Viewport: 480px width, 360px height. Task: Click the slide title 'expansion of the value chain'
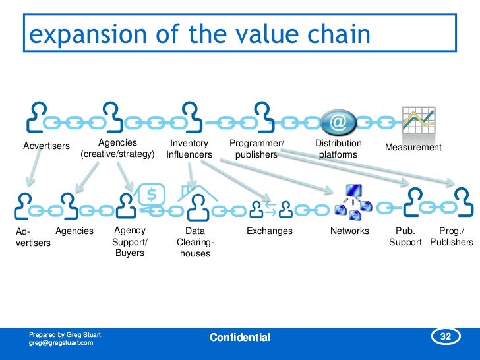pos(199,34)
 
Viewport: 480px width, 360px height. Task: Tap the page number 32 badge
pos(445,337)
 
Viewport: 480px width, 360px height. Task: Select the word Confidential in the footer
pos(240,338)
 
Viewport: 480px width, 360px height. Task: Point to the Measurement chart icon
pos(418,120)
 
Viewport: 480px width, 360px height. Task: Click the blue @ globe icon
pos(338,121)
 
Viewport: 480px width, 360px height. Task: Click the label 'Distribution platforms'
pos(338,149)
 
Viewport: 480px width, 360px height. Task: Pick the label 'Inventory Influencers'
pos(189,149)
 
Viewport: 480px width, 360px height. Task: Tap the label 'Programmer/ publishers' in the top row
pos(256,149)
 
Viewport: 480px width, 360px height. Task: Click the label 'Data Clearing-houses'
pos(195,242)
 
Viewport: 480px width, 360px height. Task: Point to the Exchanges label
pos(269,231)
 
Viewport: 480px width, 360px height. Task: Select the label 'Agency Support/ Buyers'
pos(130,242)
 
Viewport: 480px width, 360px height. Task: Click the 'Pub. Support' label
pos(405,237)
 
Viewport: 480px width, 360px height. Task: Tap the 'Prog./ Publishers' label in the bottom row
pos(452,237)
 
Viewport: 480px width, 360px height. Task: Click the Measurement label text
pos(413,147)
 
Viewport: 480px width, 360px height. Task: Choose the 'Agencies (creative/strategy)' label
pos(117,148)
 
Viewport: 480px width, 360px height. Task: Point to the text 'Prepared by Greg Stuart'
pos(65,334)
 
